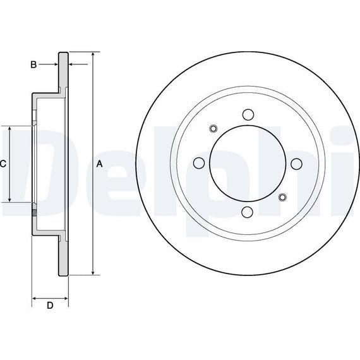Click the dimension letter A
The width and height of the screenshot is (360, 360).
click(x=99, y=164)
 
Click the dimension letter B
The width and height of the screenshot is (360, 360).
click(x=33, y=64)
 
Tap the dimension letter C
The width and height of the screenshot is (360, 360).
click(x=3, y=164)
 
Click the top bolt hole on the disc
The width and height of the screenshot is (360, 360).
click(x=248, y=114)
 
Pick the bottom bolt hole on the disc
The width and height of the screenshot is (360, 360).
click(x=248, y=212)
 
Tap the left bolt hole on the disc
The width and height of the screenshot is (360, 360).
click(x=199, y=163)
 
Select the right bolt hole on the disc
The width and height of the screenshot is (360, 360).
click(x=296, y=164)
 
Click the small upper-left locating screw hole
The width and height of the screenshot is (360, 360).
click(x=213, y=129)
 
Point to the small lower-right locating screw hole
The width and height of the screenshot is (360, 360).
click(x=282, y=197)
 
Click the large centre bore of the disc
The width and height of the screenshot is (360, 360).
click(x=248, y=164)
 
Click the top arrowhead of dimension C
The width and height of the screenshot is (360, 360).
click(x=9, y=129)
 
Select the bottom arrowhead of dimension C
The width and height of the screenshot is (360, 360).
click(x=9, y=199)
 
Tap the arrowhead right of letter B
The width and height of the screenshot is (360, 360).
click(x=55, y=64)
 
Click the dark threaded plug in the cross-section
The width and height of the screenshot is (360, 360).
click(x=34, y=213)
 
